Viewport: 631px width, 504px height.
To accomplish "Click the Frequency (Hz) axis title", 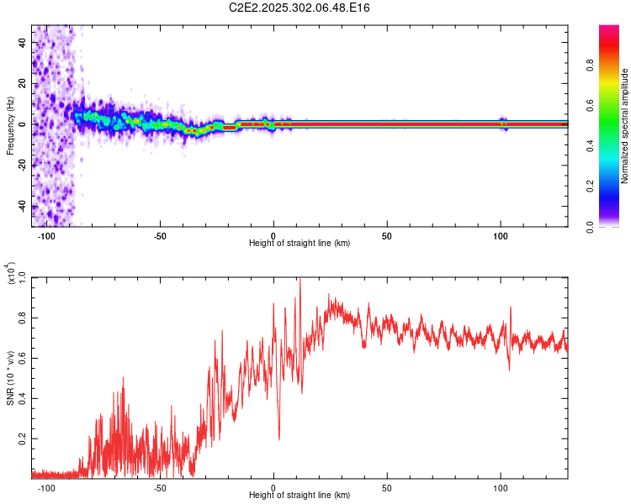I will (x=10, y=125).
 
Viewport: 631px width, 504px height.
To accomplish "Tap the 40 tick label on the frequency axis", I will (x=23, y=42).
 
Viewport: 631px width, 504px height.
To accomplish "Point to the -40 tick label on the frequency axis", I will (x=21, y=206).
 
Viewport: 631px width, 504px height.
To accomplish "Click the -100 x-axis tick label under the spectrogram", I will (x=46, y=237).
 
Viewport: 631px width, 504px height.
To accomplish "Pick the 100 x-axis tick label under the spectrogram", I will (x=501, y=237).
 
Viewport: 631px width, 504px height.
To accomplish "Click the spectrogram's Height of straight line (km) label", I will (x=300, y=244).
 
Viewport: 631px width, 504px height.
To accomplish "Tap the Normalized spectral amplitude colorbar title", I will (x=625, y=126).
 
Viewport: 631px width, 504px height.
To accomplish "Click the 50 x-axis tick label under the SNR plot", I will (x=387, y=489).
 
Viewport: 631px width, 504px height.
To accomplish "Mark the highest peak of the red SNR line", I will (x=300, y=279).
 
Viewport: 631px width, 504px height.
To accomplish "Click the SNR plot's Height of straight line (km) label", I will (x=300, y=496).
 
